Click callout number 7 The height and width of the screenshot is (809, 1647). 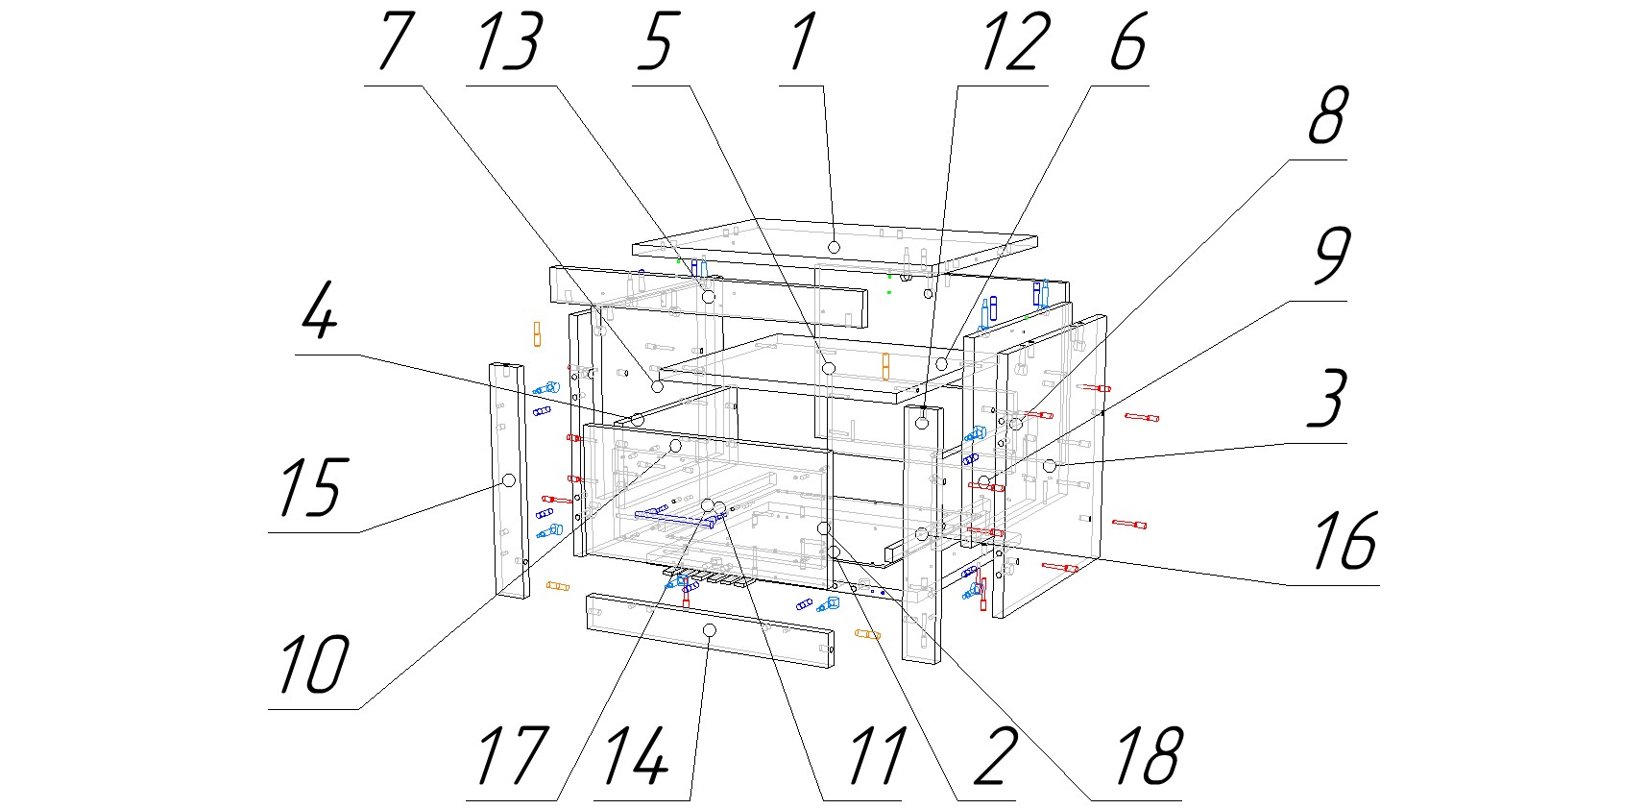pos(395,42)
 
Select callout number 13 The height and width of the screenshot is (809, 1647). pos(509,42)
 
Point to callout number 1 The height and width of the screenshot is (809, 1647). pos(803,42)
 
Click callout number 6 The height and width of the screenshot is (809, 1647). pos(1127,42)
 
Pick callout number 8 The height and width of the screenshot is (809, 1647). pos(1327,116)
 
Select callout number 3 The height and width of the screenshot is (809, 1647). pos(1327,399)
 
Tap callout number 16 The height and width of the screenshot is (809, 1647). pos(1344,541)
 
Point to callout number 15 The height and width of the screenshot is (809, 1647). pos(309,489)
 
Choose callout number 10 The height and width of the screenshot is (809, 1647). pos(313,666)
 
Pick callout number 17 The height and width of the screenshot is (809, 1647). pos(512,757)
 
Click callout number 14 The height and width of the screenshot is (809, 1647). pos(636,757)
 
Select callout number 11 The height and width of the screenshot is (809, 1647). pos(876,757)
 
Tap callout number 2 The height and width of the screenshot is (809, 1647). pos(995,757)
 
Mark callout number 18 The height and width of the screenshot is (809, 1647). pos(1147,757)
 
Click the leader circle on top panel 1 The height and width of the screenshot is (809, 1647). pos(834,248)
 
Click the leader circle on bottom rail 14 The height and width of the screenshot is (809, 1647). pos(710,629)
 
